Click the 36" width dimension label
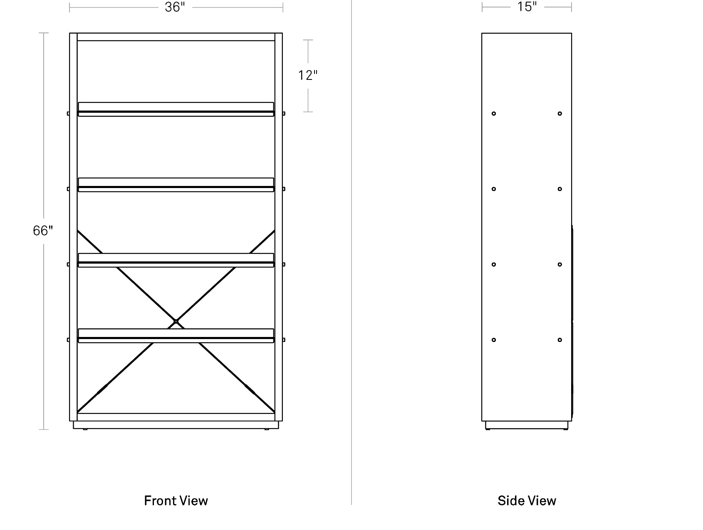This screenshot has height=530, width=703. pyautogui.click(x=175, y=7)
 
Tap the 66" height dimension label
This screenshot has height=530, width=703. pyautogui.click(x=43, y=230)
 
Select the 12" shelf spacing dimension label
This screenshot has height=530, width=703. pyautogui.click(x=308, y=75)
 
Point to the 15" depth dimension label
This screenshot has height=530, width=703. pyautogui.click(x=527, y=7)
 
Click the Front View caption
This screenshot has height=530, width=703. pyautogui.click(x=176, y=500)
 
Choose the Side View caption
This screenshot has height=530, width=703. pyautogui.click(x=527, y=500)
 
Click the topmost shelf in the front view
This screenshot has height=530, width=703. pyautogui.click(x=176, y=109)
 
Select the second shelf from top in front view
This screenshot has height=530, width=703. pyautogui.click(x=176, y=185)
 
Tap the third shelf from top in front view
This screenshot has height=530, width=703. pyautogui.click(x=176, y=260)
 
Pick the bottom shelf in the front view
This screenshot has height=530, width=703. pyautogui.click(x=176, y=336)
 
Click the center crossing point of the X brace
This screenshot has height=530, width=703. pyautogui.click(x=176, y=322)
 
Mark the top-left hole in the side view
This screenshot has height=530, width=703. pyautogui.click(x=494, y=114)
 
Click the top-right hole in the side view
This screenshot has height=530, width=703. pyautogui.click(x=560, y=114)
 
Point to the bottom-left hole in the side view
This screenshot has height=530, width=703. pyautogui.click(x=494, y=340)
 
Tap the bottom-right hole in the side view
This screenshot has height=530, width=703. pyautogui.click(x=560, y=340)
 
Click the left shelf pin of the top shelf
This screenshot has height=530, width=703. pyautogui.click(x=68, y=114)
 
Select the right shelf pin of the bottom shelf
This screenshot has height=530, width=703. pyautogui.click(x=284, y=340)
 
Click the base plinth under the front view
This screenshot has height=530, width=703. pyautogui.click(x=176, y=425)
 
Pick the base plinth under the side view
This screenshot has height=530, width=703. pyautogui.click(x=527, y=425)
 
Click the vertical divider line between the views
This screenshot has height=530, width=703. pyautogui.click(x=351, y=253)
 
